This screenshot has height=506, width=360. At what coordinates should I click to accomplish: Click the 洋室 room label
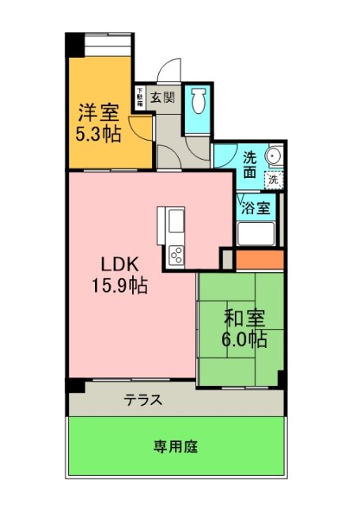[98, 111]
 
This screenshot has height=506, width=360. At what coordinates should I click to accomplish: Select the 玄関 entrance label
[163, 99]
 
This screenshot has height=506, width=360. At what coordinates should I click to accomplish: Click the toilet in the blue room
[199, 101]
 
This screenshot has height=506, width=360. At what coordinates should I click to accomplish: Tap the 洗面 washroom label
[249, 163]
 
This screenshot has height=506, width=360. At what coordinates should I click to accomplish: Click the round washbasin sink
[274, 156]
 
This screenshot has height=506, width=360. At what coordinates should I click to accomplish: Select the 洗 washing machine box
[273, 179]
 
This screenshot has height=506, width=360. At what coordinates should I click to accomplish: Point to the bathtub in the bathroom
[256, 235]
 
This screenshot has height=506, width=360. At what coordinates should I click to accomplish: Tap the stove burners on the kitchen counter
[176, 255]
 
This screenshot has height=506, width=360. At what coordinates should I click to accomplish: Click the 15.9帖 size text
[119, 285]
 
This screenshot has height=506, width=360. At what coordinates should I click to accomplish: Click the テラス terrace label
[143, 400]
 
